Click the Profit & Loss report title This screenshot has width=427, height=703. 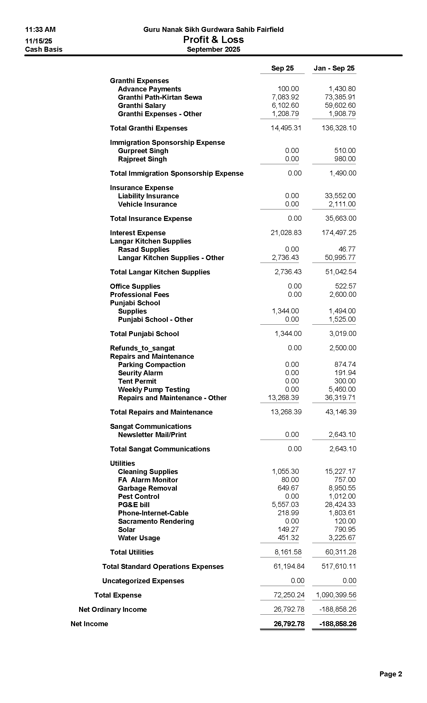coord(213,40)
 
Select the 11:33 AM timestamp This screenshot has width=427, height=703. coord(40,30)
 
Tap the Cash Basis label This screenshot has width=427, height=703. coord(44,49)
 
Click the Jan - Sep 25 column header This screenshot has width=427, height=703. coord(334,68)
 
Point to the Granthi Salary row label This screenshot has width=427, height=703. coord(142,105)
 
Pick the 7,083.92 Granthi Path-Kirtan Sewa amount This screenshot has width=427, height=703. coord(285,97)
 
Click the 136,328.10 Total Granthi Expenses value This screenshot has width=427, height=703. coord(339,128)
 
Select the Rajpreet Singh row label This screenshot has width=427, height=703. coord(142,159)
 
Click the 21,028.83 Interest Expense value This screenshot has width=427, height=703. coord(286,233)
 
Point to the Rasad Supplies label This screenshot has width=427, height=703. coord(144,250)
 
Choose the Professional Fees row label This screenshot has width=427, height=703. coord(140,295)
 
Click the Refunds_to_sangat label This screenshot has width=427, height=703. coord(142,348)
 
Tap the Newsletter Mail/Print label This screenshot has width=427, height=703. coord(152,435)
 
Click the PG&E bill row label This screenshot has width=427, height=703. coord(134,505)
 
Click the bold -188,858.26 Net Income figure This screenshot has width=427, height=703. coord(338,624)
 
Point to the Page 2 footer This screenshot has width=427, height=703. coord(391,674)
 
